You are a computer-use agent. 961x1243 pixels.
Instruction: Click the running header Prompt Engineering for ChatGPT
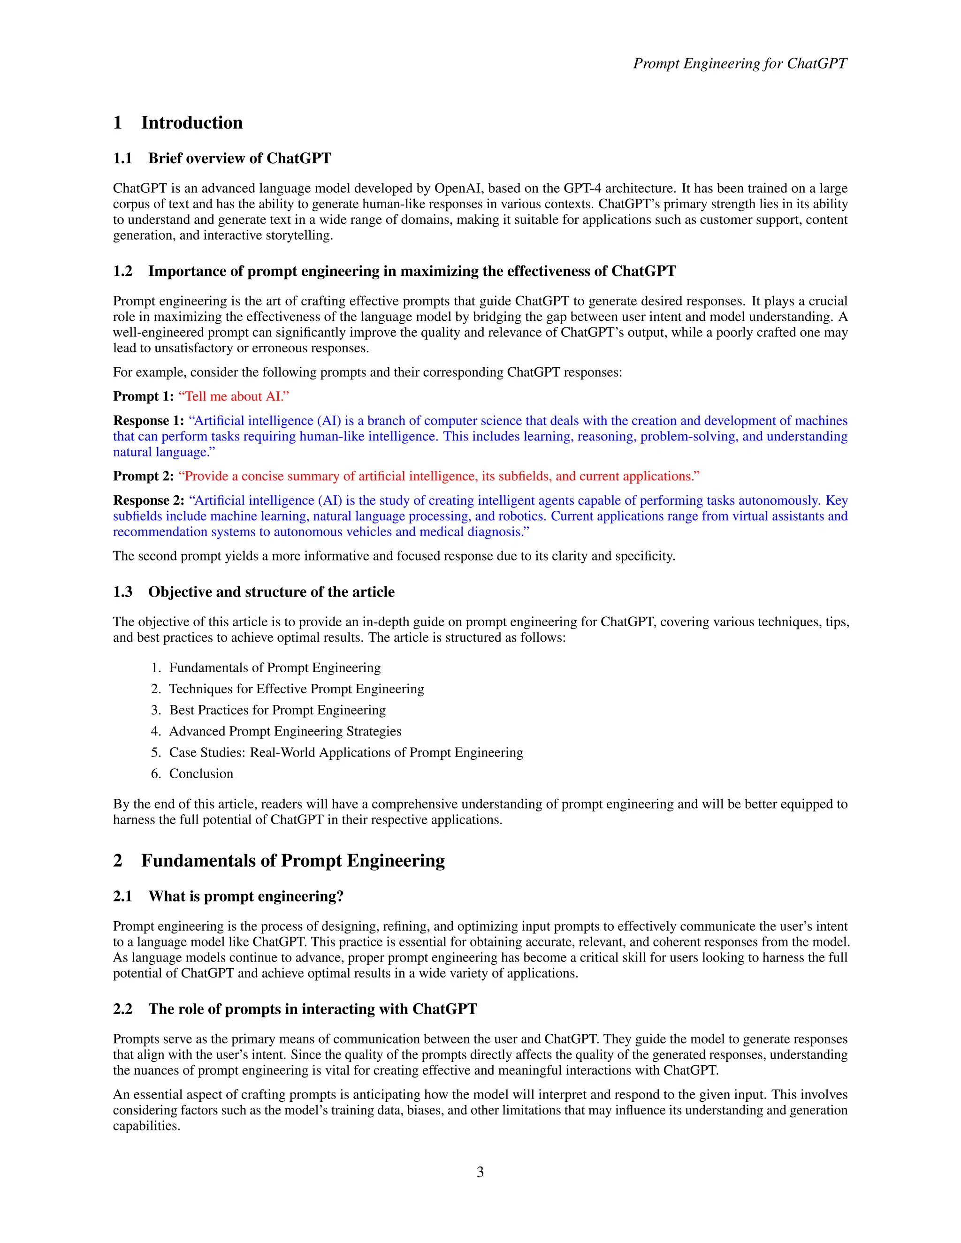click(x=740, y=63)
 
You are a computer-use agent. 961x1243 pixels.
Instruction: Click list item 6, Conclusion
click(x=201, y=773)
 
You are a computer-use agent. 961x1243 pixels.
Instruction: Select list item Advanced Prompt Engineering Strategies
click(x=285, y=731)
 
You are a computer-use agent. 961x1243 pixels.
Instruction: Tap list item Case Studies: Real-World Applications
click(x=345, y=752)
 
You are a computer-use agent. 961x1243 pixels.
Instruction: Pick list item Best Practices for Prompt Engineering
click(x=277, y=710)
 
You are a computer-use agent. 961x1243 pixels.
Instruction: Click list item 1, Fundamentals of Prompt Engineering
click(x=275, y=667)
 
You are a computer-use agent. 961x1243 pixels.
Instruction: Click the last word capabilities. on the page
click(x=146, y=1126)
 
